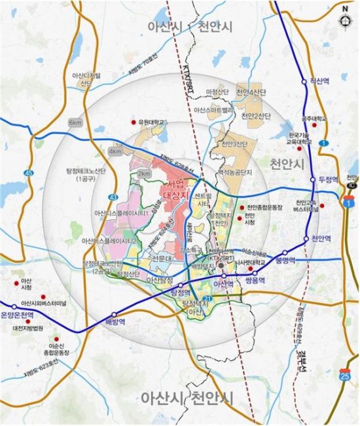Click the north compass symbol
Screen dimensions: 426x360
tap(345, 18)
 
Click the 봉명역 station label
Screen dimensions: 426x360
tap(286, 260)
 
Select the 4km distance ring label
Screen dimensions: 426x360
tap(115, 151)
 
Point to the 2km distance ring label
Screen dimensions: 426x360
tap(144, 174)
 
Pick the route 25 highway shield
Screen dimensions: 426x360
tap(344, 374)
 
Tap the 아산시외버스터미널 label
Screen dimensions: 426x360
tap(44, 304)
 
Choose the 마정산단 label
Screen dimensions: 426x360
tap(216, 92)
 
